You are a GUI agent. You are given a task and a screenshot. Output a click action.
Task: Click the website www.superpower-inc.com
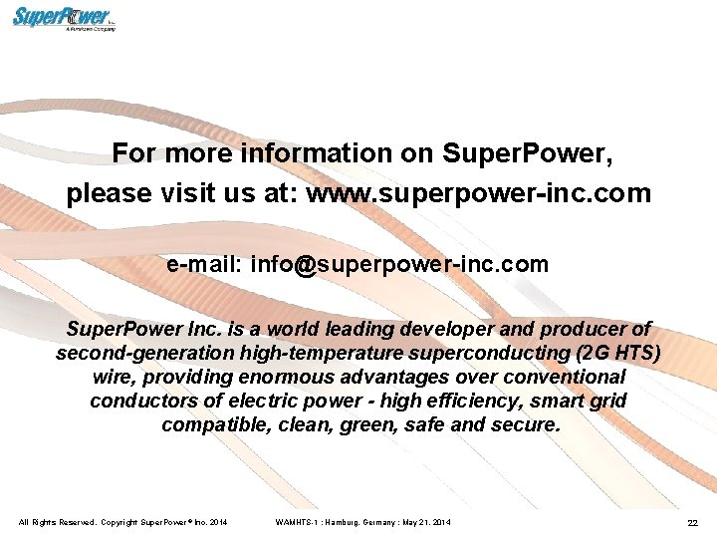point(478,192)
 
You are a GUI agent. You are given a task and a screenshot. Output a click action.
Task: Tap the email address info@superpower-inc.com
point(399,264)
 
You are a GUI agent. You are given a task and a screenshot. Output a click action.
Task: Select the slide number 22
point(692,523)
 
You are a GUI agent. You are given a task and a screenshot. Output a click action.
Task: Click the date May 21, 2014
point(427,522)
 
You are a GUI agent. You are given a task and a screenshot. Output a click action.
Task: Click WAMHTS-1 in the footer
point(296,522)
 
